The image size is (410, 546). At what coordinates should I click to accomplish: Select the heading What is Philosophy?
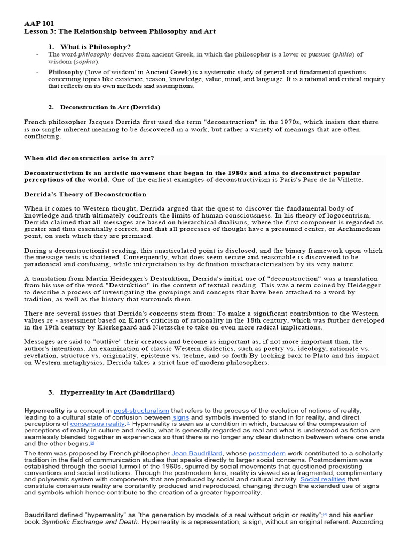pos(96,46)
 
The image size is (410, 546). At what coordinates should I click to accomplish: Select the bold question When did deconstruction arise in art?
pos(90,158)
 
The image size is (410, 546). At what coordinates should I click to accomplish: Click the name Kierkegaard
pos(130,327)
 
